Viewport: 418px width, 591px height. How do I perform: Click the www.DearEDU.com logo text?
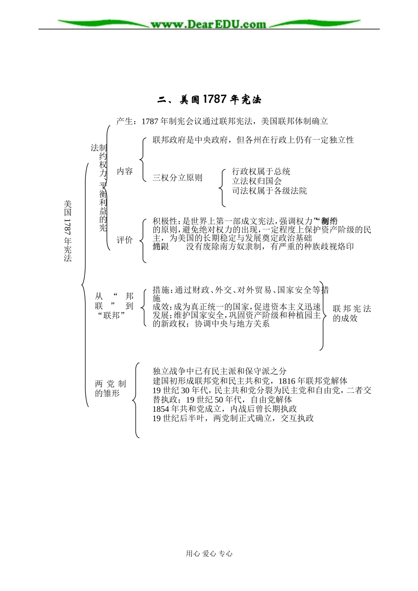coord(209,24)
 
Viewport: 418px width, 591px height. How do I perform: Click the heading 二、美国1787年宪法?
coord(209,100)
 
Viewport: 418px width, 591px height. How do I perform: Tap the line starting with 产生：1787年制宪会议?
coord(222,121)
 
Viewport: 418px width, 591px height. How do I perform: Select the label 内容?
coord(125,171)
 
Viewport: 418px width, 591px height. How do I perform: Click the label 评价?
coord(125,240)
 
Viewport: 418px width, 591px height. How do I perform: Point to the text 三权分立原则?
coord(177,178)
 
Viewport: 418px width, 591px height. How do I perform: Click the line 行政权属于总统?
coord(261,171)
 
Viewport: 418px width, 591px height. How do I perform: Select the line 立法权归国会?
coord(257,181)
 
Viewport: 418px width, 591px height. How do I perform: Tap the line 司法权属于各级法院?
coord(270,191)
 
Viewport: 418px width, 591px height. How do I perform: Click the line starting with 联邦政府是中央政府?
coord(253,140)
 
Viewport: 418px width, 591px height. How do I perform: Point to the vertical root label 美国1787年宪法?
coord(67,231)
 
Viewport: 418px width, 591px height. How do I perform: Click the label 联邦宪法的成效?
coord(352,313)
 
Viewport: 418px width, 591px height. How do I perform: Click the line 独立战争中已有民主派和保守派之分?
coord(220,371)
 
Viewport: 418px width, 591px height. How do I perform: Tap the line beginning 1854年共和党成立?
coord(225,409)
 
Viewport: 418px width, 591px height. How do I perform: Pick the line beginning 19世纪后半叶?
coord(233,418)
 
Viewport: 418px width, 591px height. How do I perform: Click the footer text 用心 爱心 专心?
coord(209,554)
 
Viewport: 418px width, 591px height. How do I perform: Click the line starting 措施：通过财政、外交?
coord(240,290)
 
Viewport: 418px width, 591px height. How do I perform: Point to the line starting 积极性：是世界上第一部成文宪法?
coord(245,221)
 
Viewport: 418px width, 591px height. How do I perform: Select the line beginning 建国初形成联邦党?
coord(250,380)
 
